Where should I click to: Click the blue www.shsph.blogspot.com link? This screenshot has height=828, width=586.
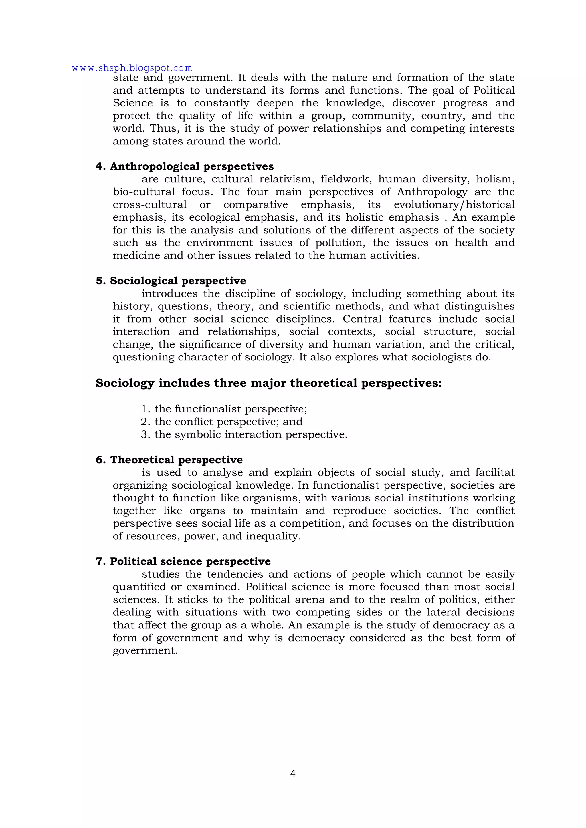[x=132, y=68]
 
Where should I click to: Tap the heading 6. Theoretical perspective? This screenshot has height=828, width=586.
[x=169, y=460]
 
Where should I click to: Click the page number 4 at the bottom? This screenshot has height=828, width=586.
[x=293, y=773]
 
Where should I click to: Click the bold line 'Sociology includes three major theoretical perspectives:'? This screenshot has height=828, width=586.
[x=268, y=383]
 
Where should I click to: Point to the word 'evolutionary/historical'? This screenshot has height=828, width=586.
[x=454, y=205]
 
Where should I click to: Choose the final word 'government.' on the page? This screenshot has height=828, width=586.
[x=145, y=651]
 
